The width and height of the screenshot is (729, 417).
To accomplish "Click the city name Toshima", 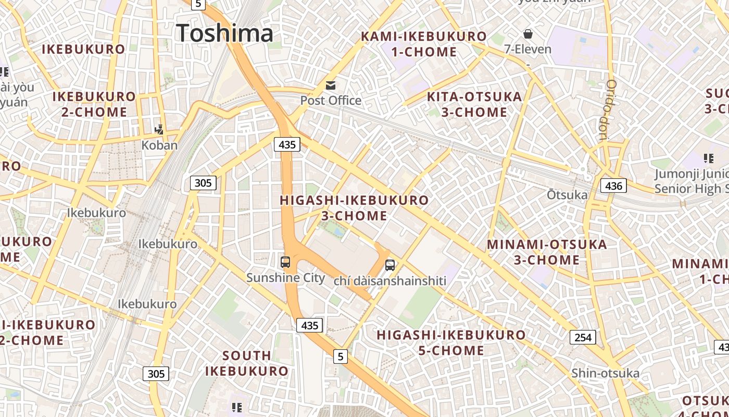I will point(224,33).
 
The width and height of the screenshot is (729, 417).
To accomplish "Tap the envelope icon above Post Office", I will point(331,85).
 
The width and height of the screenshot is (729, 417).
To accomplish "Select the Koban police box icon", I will point(160,129).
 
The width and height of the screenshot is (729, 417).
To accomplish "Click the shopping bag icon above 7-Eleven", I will point(528,34).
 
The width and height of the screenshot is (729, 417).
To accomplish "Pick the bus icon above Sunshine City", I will point(285,262).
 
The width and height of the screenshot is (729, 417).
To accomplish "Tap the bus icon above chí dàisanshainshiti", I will point(390,265).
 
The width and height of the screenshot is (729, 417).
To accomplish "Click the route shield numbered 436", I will point(613,185).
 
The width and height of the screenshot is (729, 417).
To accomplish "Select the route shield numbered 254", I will point(582,337).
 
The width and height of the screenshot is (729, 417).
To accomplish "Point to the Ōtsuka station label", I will point(567,195).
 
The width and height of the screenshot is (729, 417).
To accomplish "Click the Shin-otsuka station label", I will point(605,373).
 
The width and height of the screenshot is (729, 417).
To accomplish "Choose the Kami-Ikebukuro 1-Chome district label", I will point(424,44).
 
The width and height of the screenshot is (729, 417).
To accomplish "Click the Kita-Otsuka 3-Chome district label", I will point(474,104).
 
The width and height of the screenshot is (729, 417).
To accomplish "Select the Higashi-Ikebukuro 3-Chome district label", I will point(354,207).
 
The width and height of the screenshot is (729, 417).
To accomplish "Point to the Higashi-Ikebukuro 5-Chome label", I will point(451,342).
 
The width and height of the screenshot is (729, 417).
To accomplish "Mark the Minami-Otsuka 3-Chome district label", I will point(547,252).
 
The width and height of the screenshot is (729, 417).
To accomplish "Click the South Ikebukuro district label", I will point(246,363).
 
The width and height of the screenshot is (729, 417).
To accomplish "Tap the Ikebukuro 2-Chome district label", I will point(94,104).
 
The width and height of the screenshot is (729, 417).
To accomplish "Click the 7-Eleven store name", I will point(527,50).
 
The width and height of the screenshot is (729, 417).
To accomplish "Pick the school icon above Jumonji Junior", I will point(708,158).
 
